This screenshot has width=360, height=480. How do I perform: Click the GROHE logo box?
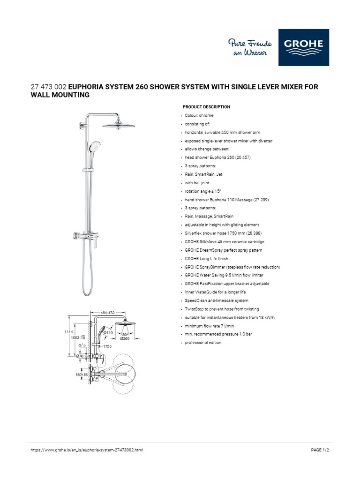tap(303, 48)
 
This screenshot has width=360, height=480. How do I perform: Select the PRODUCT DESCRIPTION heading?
tap(206, 107)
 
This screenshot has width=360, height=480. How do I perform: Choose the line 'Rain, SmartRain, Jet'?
tap(204, 174)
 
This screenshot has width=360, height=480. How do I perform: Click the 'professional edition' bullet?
tap(203, 343)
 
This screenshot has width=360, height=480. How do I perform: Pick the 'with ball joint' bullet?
tap(199, 183)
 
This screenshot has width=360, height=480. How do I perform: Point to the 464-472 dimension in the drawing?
tap(108, 312)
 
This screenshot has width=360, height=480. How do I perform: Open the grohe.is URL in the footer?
tap(87, 450)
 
